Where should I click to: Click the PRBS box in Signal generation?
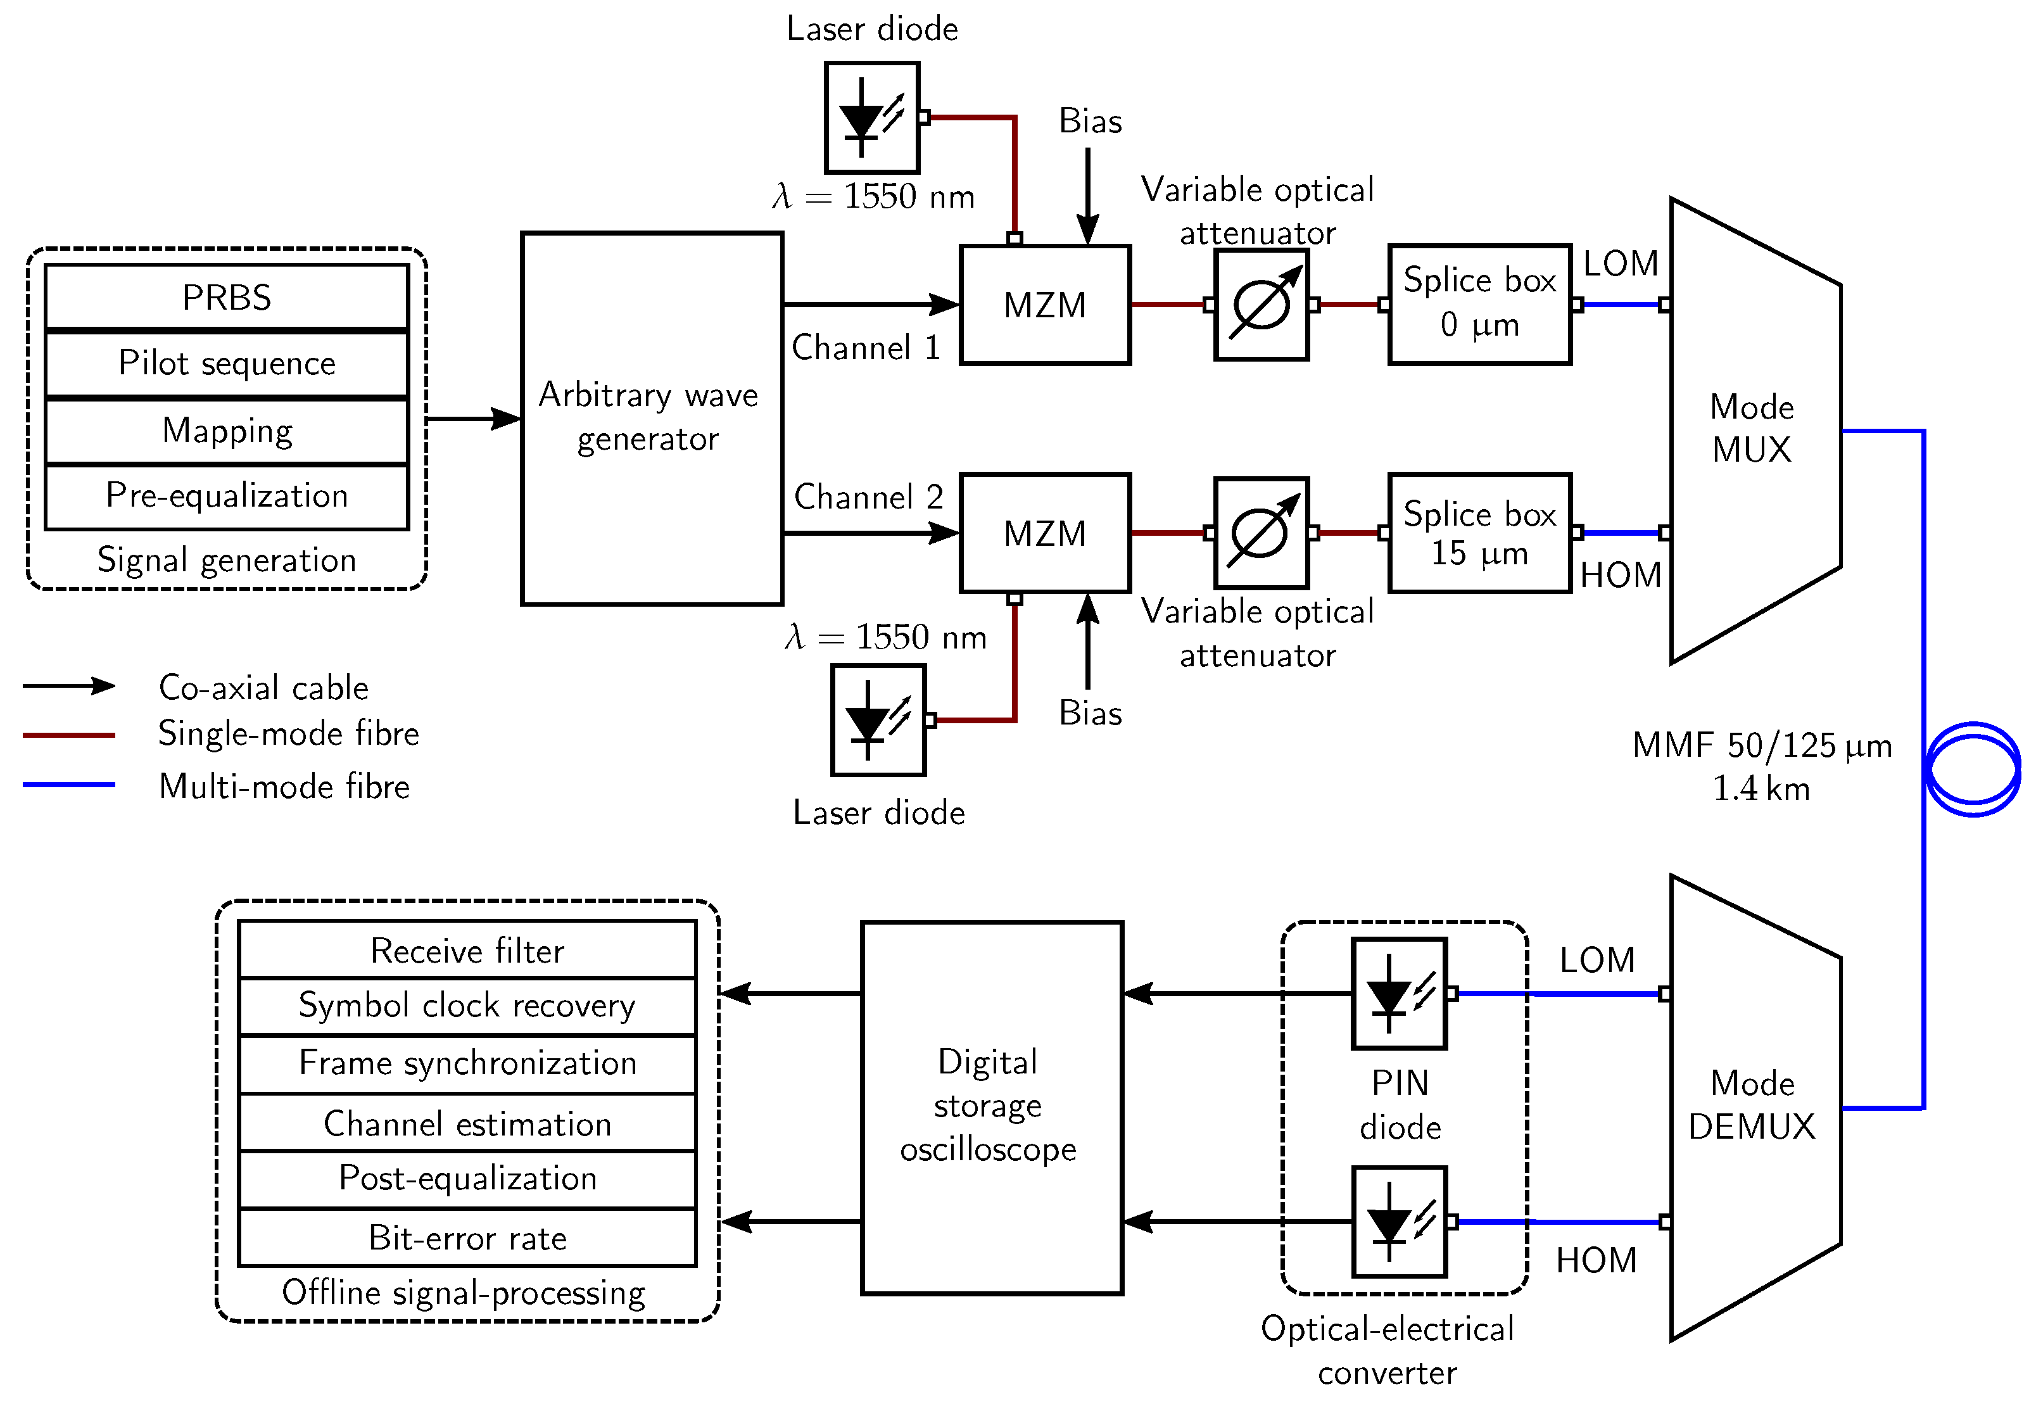coord(226,297)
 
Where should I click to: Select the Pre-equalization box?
coord(226,496)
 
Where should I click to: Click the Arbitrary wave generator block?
coord(652,418)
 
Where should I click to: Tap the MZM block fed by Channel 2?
coord(1044,533)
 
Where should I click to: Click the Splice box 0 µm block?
coord(1479,304)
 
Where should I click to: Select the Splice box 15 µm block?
coord(1479,533)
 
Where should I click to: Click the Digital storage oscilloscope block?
coord(991,1107)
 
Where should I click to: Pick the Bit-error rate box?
coord(467,1237)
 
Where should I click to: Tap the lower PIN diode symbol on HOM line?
coord(1398,1222)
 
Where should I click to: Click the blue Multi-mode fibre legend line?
coord(69,784)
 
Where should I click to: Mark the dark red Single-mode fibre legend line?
coord(69,735)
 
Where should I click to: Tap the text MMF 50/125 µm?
coord(1761,745)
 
